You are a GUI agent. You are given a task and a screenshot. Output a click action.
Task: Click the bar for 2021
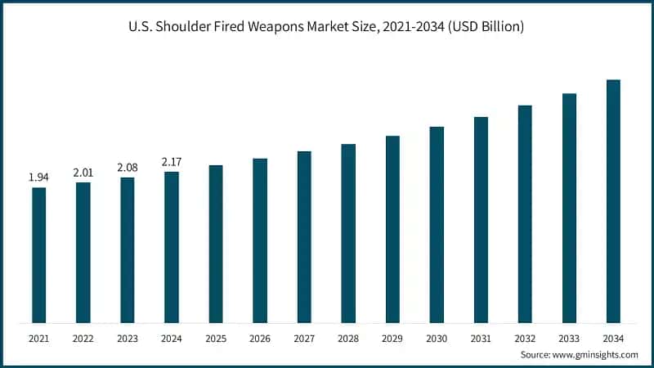point(38,255)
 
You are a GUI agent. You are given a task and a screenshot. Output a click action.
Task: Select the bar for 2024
point(171,247)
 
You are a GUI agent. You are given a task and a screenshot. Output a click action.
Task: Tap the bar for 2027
point(304,237)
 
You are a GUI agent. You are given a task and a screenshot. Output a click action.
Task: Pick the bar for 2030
point(437,225)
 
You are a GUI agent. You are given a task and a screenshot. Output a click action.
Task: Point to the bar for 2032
point(525,214)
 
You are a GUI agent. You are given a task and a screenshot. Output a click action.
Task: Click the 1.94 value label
point(38,177)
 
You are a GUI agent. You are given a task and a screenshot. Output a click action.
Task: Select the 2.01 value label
point(83,172)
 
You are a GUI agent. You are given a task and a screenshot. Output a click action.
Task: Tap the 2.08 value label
point(127,167)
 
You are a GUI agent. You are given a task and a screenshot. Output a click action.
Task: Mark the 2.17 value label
point(171,161)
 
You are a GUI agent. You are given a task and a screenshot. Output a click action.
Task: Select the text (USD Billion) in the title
point(484,27)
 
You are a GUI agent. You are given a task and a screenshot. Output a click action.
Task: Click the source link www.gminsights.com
point(594,354)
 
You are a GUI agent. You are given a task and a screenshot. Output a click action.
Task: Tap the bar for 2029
point(392,229)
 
